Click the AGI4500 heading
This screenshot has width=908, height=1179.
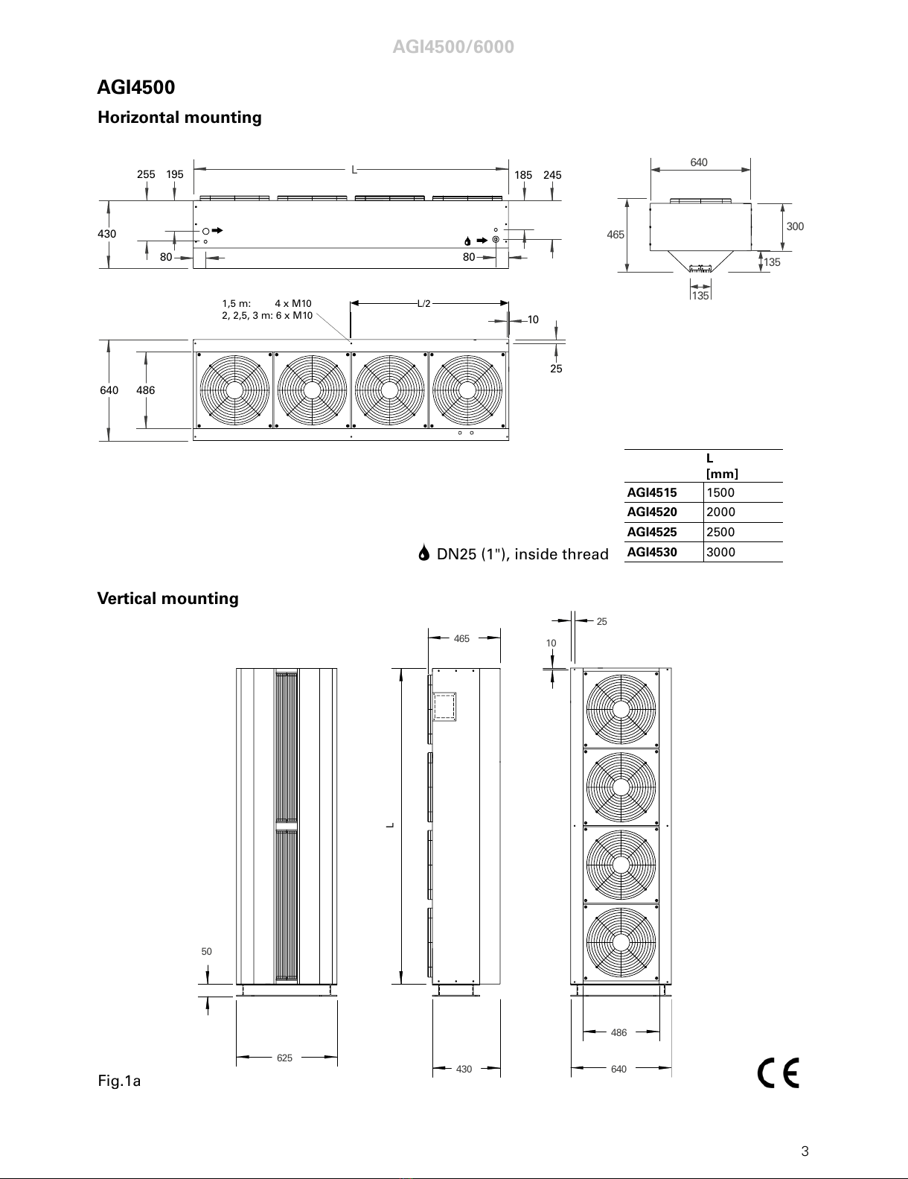click(x=136, y=87)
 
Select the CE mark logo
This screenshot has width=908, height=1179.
click(x=778, y=1072)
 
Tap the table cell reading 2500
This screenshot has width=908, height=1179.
click(x=720, y=532)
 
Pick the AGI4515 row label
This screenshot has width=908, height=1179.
click(x=652, y=492)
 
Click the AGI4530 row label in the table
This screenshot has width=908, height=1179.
click(x=652, y=552)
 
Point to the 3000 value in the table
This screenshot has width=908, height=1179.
click(x=720, y=552)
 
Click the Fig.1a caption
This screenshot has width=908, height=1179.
click(x=119, y=1081)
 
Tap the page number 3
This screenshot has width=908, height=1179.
click(x=805, y=1151)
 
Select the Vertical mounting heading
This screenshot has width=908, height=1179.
click(x=168, y=599)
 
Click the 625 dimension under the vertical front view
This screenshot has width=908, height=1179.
click(x=284, y=1058)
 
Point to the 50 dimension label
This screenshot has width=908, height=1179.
click(x=207, y=951)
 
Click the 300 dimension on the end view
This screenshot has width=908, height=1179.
click(x=795, y=226)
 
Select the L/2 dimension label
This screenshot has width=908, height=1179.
click(x=424, y=303)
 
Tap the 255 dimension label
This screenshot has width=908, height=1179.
click(x=146, y=174)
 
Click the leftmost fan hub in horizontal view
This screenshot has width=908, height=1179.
click(x=234, y=390)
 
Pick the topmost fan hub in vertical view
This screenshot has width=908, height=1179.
click(x=621, y=709)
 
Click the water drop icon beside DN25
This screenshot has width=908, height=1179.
click(x=424, y=553)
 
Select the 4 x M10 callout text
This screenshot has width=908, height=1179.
click(x=293, y=303)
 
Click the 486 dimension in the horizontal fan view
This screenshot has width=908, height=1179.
click(x=145, y=390)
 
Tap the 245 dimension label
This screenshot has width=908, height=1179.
click(x=552, y=175)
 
